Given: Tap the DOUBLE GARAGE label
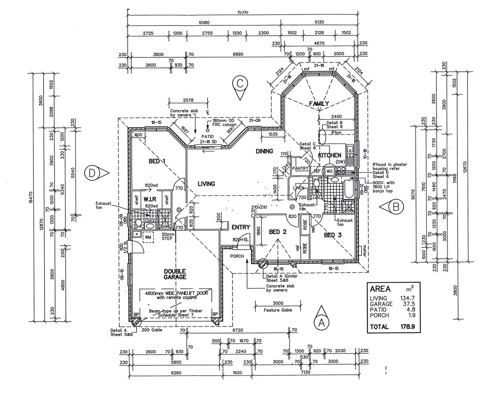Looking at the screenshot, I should pos(175,274).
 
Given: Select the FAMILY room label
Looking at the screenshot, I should pos(319,104).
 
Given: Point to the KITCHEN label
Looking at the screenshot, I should pos(330,155).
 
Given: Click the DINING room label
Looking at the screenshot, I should pos(264,151).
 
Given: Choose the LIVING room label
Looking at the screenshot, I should pos(206,184).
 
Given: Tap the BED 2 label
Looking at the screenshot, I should pos(277,232).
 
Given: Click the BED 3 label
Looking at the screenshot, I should pos(333,235).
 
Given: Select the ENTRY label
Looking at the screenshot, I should pos(241,227).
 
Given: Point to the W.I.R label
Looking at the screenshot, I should pos(150,199).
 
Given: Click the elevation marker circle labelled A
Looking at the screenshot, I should pos(321,323).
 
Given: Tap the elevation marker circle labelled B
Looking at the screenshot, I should pos(396,207).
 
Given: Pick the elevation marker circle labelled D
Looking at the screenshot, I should pos(92,172).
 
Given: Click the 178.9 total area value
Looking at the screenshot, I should pos(407,326).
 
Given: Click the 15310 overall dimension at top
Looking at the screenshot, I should pos(243,12).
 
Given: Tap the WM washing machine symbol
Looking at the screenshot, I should pos(148,237).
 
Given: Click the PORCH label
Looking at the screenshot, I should pos(237,256).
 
